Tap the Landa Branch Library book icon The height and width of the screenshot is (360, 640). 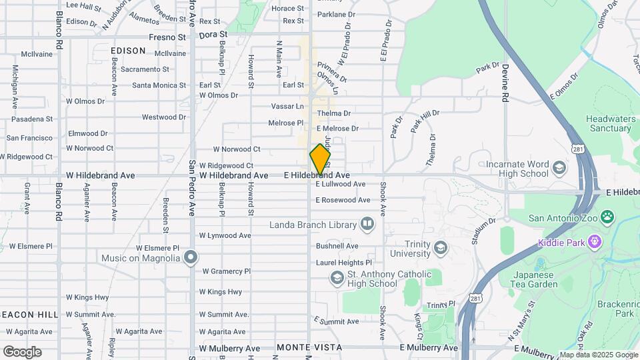tap(367, 224)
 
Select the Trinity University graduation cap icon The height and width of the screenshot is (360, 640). tap(440, 249)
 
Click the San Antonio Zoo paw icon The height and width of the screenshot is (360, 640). tap(607, 217)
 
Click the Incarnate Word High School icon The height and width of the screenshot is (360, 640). tap(559, 167)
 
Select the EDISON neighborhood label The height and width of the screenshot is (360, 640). tap(128, 51)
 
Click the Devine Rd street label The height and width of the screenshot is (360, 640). tap(505, 82)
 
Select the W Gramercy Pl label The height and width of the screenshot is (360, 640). tap(225, 271)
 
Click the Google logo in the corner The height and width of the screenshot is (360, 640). tap(22, 351)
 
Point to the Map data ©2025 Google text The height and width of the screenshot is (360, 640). tap(598, 355)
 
